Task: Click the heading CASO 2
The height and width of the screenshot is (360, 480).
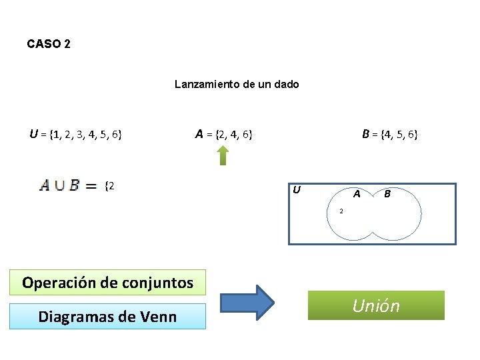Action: point(49,44)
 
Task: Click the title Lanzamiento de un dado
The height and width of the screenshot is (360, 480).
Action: point(237,84)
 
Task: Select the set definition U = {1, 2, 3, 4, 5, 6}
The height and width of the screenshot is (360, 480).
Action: point(75,135)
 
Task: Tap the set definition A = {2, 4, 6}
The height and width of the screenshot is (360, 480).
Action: point(223,135)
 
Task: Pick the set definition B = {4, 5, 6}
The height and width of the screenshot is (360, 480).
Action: point(390,135)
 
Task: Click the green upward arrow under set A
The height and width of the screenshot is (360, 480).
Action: point(223,155)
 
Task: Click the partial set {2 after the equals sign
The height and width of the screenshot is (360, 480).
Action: point(110,185)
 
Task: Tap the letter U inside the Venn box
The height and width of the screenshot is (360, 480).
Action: point(297,190)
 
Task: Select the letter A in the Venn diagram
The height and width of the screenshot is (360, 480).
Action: point(357,194)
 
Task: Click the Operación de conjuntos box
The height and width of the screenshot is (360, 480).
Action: point(107,282)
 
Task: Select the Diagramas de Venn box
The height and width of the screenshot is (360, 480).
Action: point(107,316)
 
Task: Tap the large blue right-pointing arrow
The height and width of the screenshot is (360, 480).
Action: point(247,303)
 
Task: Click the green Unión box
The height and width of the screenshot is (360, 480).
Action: point(376,305)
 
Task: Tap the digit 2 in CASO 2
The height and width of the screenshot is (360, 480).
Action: point(67,44)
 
